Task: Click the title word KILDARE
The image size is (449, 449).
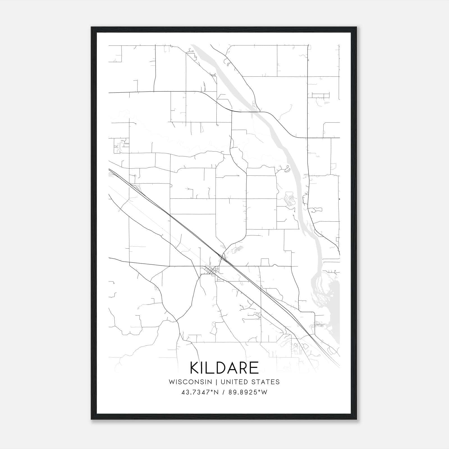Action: click(224, 368)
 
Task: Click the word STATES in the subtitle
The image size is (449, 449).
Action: click(265, 382)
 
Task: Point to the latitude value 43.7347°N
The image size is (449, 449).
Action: click(200, 392)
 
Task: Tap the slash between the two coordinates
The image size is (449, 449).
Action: click(223, 392)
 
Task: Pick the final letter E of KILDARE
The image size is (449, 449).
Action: click(254, 368)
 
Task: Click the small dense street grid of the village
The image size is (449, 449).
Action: click(211, 271)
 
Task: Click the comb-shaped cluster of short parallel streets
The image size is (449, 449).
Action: click(320, 95)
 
